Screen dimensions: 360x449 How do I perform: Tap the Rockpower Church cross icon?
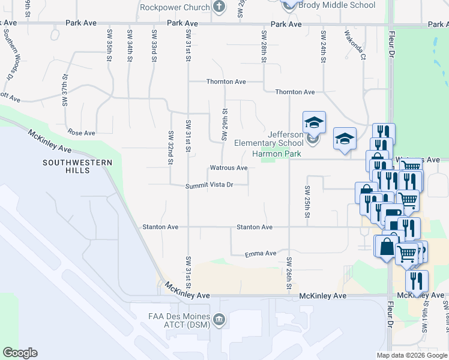click(x=219, y=8)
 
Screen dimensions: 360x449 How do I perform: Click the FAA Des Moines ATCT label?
click(x=170, y=321)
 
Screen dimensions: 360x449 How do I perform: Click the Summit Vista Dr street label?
click(x=209, y=185)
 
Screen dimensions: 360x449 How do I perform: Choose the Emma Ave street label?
click(x=261, y=254)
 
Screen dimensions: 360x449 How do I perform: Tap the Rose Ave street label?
click(x=82, y=133)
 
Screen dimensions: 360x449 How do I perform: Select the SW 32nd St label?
click(x=170, y=148)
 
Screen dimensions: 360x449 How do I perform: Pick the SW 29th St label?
click(x=225, y=125)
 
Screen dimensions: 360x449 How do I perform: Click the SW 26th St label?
click(x=289, y=272)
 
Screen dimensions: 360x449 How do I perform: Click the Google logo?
click(x=20, y=353)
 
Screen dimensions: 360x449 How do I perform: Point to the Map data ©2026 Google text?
click(x=412, y=355)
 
